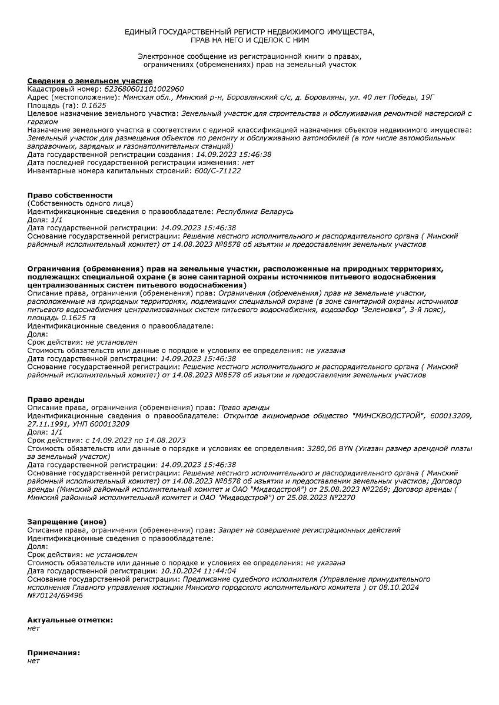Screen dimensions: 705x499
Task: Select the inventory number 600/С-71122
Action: (217, 171)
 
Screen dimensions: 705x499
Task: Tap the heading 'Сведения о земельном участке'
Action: (90, 80)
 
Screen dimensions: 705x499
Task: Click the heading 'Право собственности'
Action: (70, 195)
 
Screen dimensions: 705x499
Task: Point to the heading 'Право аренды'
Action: (56, 399)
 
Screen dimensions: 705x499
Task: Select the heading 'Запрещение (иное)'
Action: (67, 522)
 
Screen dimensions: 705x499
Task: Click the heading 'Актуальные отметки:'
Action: (70, 620)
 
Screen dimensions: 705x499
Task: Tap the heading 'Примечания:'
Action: (54, 653)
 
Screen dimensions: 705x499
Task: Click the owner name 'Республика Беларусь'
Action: (255, 211)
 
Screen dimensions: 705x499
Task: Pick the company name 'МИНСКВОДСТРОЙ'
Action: (388, 416)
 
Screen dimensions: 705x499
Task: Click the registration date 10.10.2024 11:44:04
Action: (198, 570)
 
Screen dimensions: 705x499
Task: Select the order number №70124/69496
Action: (55, 595)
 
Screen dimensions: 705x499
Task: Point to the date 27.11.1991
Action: (49, 424)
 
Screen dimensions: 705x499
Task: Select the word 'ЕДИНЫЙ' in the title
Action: (139, 31)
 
